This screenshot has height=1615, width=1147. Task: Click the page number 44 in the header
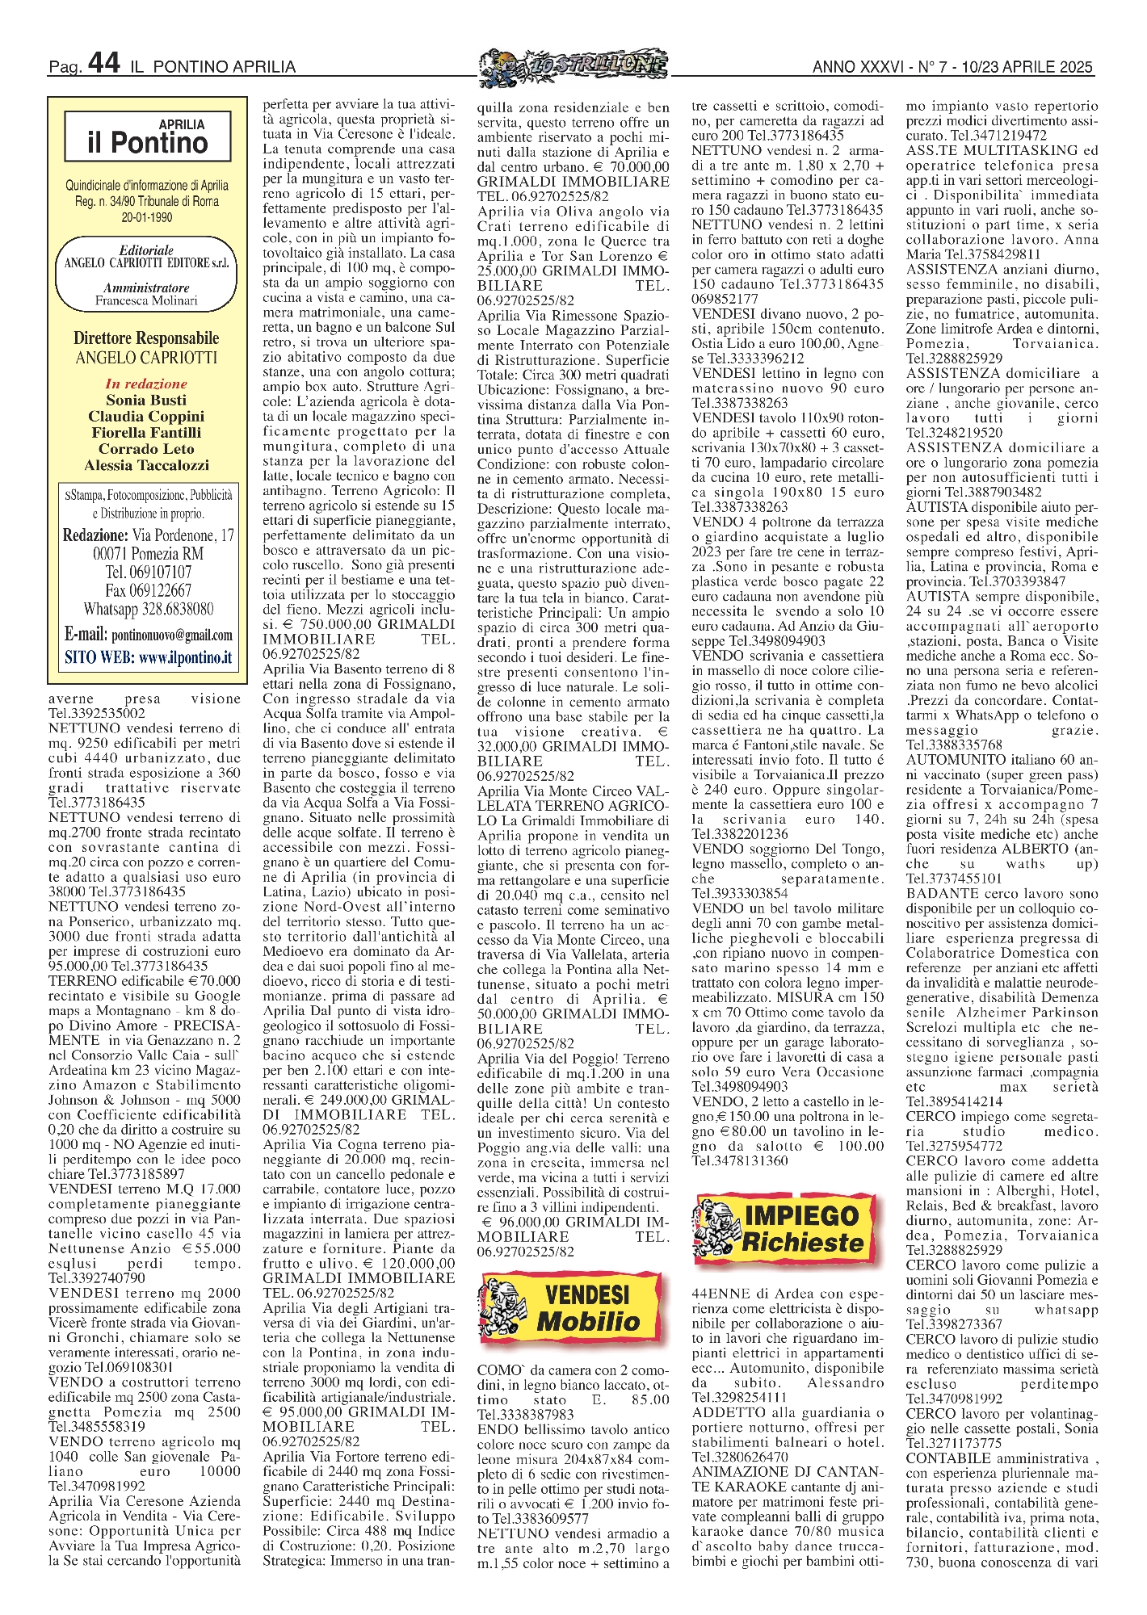[103, 63]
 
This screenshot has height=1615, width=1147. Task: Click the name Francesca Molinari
[146, 301]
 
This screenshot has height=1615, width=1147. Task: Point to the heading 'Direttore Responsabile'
[146, 338]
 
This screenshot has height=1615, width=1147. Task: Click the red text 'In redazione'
[146, 384]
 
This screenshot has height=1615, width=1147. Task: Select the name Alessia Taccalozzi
[146, 465]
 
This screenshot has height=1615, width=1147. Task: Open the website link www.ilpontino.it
[185, 657]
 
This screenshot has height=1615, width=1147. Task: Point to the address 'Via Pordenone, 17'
[183, 535]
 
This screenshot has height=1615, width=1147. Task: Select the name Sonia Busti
[146, 401]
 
